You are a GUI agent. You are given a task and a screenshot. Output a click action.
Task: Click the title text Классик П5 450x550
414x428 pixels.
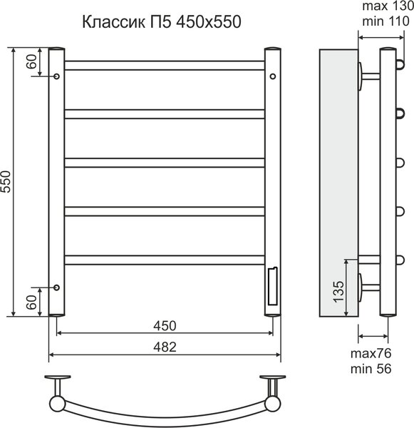pyautogui.click(x=162, y=21)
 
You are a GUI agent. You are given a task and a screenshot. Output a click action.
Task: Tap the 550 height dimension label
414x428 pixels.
pyautogui.click(x=6, y=182)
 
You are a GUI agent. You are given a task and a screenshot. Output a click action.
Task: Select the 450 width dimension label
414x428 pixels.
pyautogui.click(x=165, y=326)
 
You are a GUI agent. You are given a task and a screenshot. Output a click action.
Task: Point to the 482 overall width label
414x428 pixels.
pyautogui.click(x=165, y=347)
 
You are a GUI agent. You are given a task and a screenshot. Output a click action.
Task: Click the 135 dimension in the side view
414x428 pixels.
pyautogui.click(x=338, y=291)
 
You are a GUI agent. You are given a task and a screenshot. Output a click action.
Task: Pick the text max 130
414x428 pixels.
pyautogui.click(x=388, y=6)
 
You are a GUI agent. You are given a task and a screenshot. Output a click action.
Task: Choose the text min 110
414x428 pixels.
pyautogui.click(x=385, y=21)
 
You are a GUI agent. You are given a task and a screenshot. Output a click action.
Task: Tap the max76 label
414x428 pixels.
pyautogui.click(x=371, y=354)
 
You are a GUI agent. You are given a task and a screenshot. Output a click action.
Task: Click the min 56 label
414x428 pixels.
pyautogui.click(x=371, y=369)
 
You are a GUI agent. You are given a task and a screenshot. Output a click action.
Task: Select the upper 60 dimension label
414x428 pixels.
pyautogui.click(x=31, y=61)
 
